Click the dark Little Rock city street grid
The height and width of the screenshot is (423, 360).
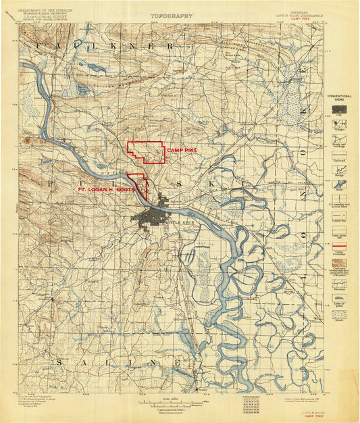point(152,218)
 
